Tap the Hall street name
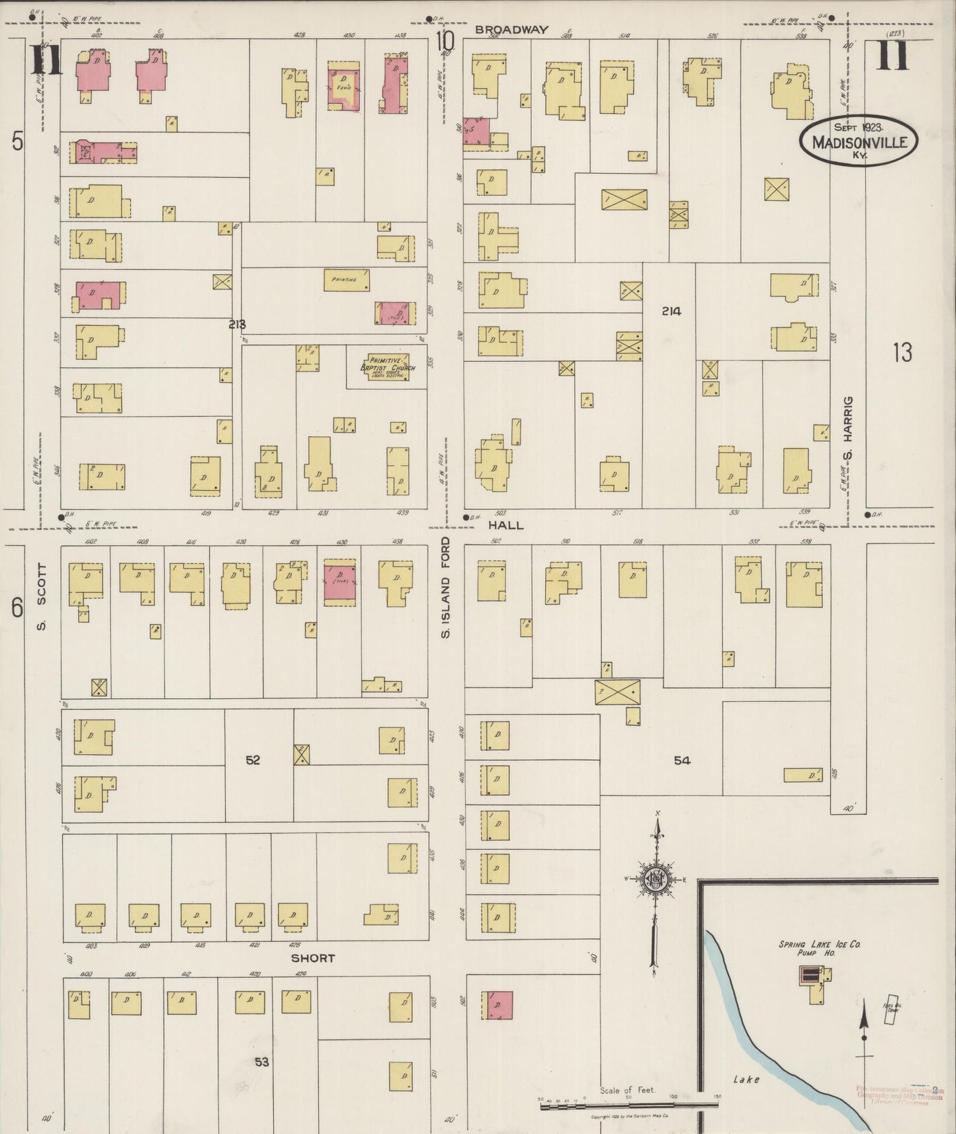tap(507, 525)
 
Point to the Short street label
tap(312, 957)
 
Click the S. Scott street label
tap(41, 596)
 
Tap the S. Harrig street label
tap(849, 428)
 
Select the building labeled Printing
tap(346, 280)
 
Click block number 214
tap(670, 311)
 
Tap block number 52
tap(253, 760)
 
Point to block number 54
tap(682, 761)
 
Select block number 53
tap(262, 1061)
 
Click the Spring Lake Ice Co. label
tap(819, 945)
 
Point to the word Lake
tap(746, 1079)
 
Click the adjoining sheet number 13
tap(902, 353)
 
